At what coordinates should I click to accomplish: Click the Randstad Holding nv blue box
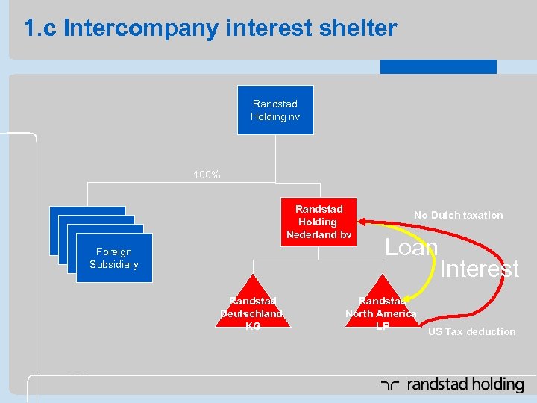click(275, 110)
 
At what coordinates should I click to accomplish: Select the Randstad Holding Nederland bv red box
click(318, 222)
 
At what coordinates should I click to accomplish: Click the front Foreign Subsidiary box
click(114, 258)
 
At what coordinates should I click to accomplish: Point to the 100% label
click(207, 175)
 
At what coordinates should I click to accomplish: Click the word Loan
click(411, 247)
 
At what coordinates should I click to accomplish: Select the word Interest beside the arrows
click(480, 269)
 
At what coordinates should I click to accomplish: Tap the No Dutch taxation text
click(458, 215)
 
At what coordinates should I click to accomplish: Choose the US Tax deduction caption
click(471, 331)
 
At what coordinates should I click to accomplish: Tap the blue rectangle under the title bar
click(438, 66)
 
